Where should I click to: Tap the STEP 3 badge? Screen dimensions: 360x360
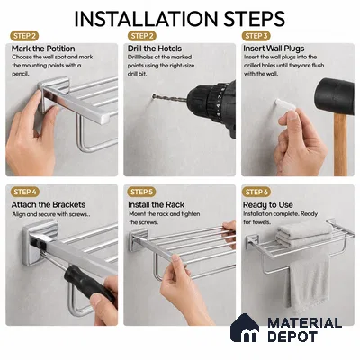click(x=256, y=36)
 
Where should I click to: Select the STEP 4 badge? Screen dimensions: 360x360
click(x=25, y=192)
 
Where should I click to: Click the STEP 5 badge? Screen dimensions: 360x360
click(x=141, y=192)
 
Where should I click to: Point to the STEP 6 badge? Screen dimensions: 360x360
click(x=256, y=192)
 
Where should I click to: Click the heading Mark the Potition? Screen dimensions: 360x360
click(x=43, y=49)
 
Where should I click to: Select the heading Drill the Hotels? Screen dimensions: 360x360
click(x=155, y=49)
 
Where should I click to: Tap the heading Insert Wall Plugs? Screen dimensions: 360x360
click(x=274, y=49)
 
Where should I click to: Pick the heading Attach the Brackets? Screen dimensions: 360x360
click(x=49, y=205)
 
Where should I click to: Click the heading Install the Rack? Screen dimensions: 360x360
click(x=156, y=205)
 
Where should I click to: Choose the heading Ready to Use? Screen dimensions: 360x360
click(x=268, y=205)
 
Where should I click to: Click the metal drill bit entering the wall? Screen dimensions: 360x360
click(x=170, y=98)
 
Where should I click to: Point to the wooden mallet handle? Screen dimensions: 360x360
click(x=340, y=145)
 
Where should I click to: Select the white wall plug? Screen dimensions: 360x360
click(x=284, y=104)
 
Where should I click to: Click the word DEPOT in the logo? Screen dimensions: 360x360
click(x=292, y=337)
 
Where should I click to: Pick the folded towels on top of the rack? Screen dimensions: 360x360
click(x=305, y=233)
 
